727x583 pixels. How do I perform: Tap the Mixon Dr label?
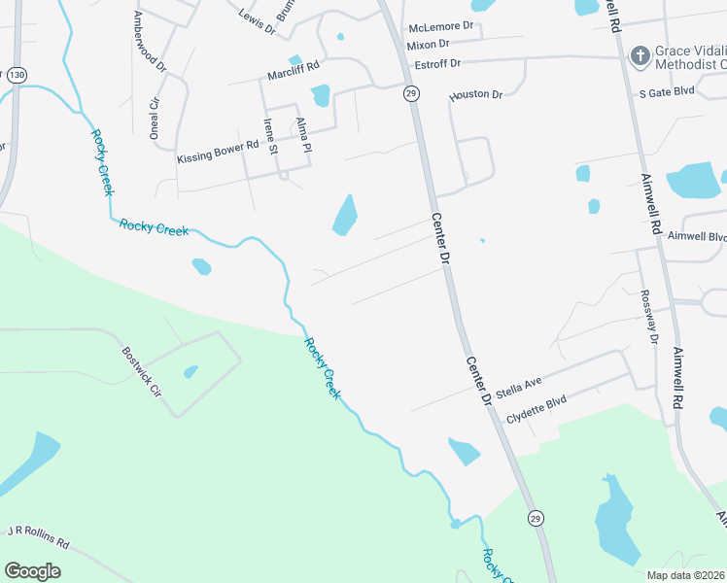pos(429,45)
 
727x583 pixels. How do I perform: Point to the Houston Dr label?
pos(475,95)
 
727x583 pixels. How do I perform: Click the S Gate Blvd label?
pos(666,92)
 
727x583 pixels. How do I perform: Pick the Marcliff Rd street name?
pos(294,74)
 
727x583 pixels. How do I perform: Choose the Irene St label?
pos(270,137)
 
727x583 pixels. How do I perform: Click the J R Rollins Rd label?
pos(39,537)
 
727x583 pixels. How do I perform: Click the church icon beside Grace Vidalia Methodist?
pos(640,55)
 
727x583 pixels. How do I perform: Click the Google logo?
pos(32,571)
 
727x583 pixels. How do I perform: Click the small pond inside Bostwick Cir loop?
pos(190,371)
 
